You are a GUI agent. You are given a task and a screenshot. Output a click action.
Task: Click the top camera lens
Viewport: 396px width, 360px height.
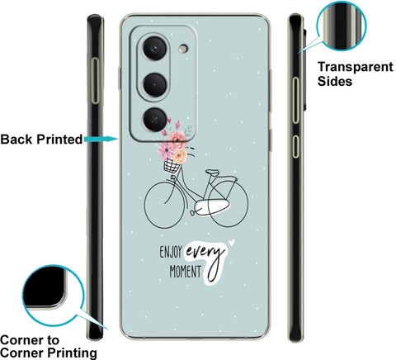pyautogui.click(x=155, y=49)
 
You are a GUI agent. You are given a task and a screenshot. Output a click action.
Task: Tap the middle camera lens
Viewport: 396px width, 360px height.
pyautogui.click(x=155, y=85)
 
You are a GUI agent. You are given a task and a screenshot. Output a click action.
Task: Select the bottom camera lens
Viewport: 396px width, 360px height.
pyautogui.click(x=155, y=120)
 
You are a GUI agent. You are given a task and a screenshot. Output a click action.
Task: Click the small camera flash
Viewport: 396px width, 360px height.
pyautogui.click(x=183, y=49)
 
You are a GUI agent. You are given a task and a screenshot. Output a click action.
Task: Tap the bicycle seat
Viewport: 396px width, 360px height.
pyautogui.click(x=213, y=173)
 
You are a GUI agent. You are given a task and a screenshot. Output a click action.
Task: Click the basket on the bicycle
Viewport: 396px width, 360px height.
pyautogui.click(x=172, y=166)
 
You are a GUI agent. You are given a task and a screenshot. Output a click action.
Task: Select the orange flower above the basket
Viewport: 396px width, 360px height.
pyautogui.click(x=180, y=156)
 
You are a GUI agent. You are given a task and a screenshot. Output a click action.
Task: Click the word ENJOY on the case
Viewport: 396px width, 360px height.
pyautogui.click(x=171, y=252)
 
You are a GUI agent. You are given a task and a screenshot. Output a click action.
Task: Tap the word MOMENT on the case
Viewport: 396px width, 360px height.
pyautogui.click(x=185, y=272)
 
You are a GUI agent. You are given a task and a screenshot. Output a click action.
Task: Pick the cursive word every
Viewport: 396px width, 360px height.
pyautogui.click(x=205, y=252)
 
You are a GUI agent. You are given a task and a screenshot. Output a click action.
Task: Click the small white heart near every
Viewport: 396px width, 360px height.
pyautogui.click(x=232, y=243)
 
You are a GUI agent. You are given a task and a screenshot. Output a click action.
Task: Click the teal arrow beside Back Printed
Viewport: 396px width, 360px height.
pyautogui.click(x=101, y=140)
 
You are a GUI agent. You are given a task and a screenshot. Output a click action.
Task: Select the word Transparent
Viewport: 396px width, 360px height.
pyautogui.click(x=356, y=67)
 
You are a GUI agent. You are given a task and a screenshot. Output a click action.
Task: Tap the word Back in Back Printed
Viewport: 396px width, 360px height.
pyautogui.click(x=16, y=140)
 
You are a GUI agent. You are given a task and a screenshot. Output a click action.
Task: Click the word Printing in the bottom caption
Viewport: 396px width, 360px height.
pyautogui.click(x=73, y=353)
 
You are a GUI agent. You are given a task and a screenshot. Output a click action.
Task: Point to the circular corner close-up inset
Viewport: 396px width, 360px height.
pyautogui.click(x=53, y=296)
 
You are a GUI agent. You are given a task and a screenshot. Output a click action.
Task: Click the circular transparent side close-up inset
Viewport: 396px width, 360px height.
pyautogui.click(x=342, y=26)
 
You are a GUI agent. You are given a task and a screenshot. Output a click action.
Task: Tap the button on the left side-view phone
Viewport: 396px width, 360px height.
pyautogui.click(x=95, y=81)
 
